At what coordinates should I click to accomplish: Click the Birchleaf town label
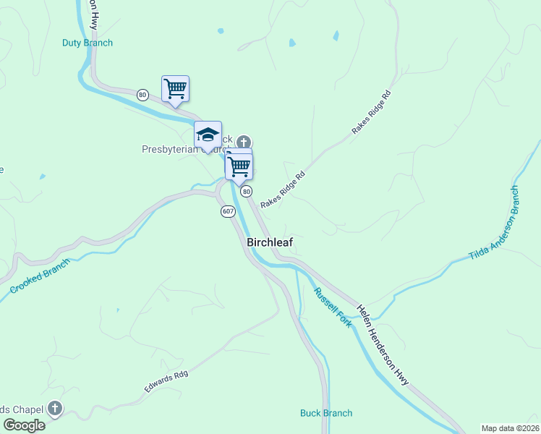[x=270, y=243]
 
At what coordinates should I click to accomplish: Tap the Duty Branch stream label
[x=87, y=43]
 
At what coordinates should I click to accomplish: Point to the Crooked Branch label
[x=39, y=276]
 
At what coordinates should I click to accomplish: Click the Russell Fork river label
[x=333, y=307]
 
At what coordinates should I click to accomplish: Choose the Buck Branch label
[x=326, y=413]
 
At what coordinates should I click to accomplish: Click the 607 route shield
[x=229, y=211]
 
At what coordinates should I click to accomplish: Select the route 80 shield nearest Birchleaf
[x=247, y=191]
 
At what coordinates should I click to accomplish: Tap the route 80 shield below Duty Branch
[x=142, y=94]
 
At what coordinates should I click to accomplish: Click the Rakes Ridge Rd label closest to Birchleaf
[x=284, y=190]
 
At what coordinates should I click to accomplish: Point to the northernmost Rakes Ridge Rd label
[x=371, y=111]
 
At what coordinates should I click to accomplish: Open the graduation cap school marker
[x=208, y=135]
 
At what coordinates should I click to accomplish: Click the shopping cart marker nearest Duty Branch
[x=175, y=89]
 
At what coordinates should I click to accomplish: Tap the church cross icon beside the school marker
[x=244, y=141]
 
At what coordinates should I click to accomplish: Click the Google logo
[x=24, y=425]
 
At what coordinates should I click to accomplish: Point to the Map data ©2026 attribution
[x=510, y=428]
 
